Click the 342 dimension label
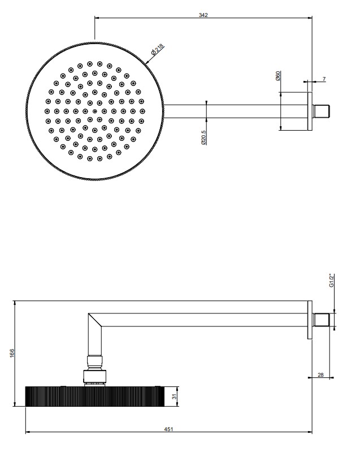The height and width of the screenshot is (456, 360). (x=203, y=15)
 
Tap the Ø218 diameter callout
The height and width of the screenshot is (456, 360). (x=158, y=49)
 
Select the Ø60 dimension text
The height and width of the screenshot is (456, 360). (x=277, y=76)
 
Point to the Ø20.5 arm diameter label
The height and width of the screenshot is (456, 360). (x=203, y=137)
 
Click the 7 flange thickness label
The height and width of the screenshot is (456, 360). (x=324, y=79)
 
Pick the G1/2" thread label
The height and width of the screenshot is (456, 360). (x=332, y=281)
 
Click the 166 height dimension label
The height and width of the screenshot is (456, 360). (x=12, y=353)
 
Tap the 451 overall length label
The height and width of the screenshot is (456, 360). (x=168, y=429)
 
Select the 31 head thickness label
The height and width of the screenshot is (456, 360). (x=174, y=396)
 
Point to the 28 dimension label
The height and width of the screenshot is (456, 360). (x=320, y=375)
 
